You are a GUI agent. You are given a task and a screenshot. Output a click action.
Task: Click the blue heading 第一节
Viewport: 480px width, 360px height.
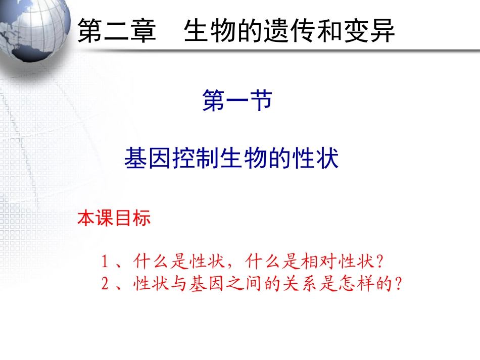click(x=237, y=100)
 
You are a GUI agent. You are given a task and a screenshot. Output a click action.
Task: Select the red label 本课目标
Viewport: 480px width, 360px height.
click(x=114, y=219)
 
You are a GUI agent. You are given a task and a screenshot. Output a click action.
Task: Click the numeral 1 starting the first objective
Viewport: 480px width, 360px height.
click(x=105, y=262)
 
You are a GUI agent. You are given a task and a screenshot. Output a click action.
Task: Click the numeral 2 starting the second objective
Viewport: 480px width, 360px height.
click(x=105, y=284)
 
